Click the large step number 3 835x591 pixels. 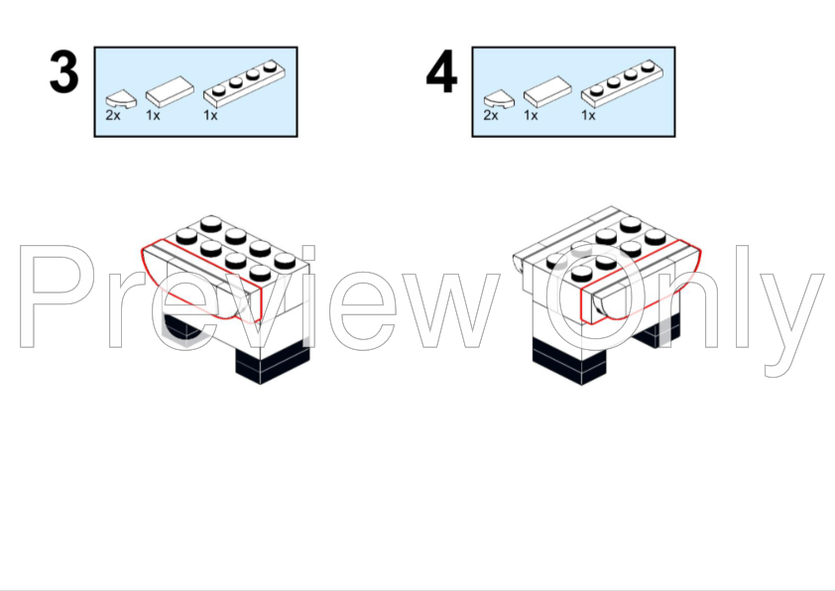pos(63,72)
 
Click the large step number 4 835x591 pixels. pos(441,72)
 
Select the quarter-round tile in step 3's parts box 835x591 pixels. pos(121,99)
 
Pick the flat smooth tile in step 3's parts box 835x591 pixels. pos(170,91)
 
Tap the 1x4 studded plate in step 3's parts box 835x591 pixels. pos(244,83)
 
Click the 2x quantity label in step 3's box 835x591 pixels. pos(113,116)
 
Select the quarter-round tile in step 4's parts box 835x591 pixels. pos(499,99)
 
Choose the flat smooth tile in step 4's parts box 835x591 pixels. pos(547,91)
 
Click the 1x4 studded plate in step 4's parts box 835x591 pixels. pos(622,83)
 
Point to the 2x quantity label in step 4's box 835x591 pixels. pos(491,116)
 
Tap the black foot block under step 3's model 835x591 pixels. pos(273,365)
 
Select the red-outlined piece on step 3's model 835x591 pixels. pos(202,282)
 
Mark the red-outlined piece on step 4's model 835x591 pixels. pos(641,283)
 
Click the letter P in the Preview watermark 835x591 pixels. pos(53,296)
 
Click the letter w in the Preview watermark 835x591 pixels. pos(447,310)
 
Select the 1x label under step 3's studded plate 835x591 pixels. pos(210,116)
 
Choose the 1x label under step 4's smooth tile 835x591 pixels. pos(531,116)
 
